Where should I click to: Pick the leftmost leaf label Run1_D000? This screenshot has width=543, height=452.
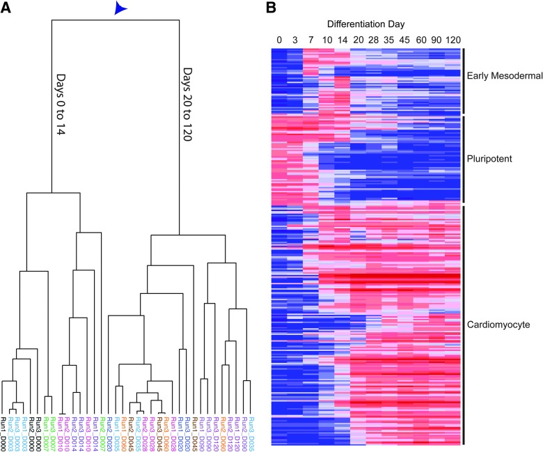(4, 431)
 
